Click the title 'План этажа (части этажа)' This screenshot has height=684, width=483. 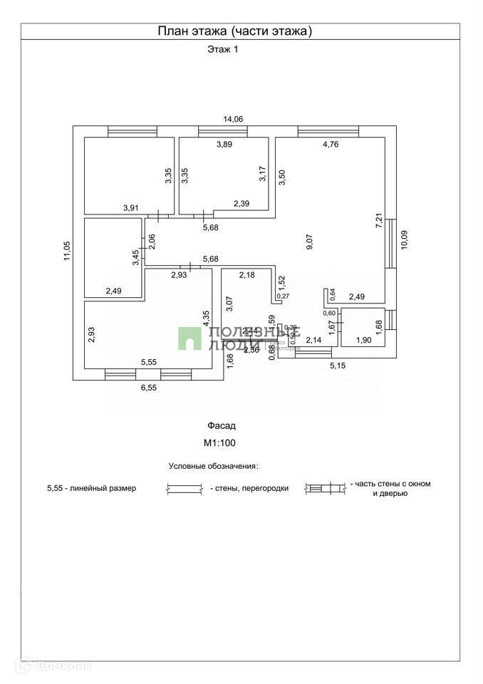(234, 31)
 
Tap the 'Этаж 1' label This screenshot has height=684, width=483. (222, 50)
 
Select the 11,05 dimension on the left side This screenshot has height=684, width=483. (67, 252)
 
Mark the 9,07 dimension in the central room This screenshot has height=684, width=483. (309, 242)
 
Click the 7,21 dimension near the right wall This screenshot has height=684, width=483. (379, 220)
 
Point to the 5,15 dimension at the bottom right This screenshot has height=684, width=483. (338, 366)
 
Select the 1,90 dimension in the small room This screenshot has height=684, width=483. (363, 341)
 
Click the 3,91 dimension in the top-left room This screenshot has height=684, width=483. (131, 207)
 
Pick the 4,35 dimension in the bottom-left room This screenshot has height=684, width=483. (206, 318)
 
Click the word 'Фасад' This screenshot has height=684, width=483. (222, 425)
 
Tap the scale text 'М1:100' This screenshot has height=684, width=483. (221, 442)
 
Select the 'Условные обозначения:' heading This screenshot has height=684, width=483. (213, 466)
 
